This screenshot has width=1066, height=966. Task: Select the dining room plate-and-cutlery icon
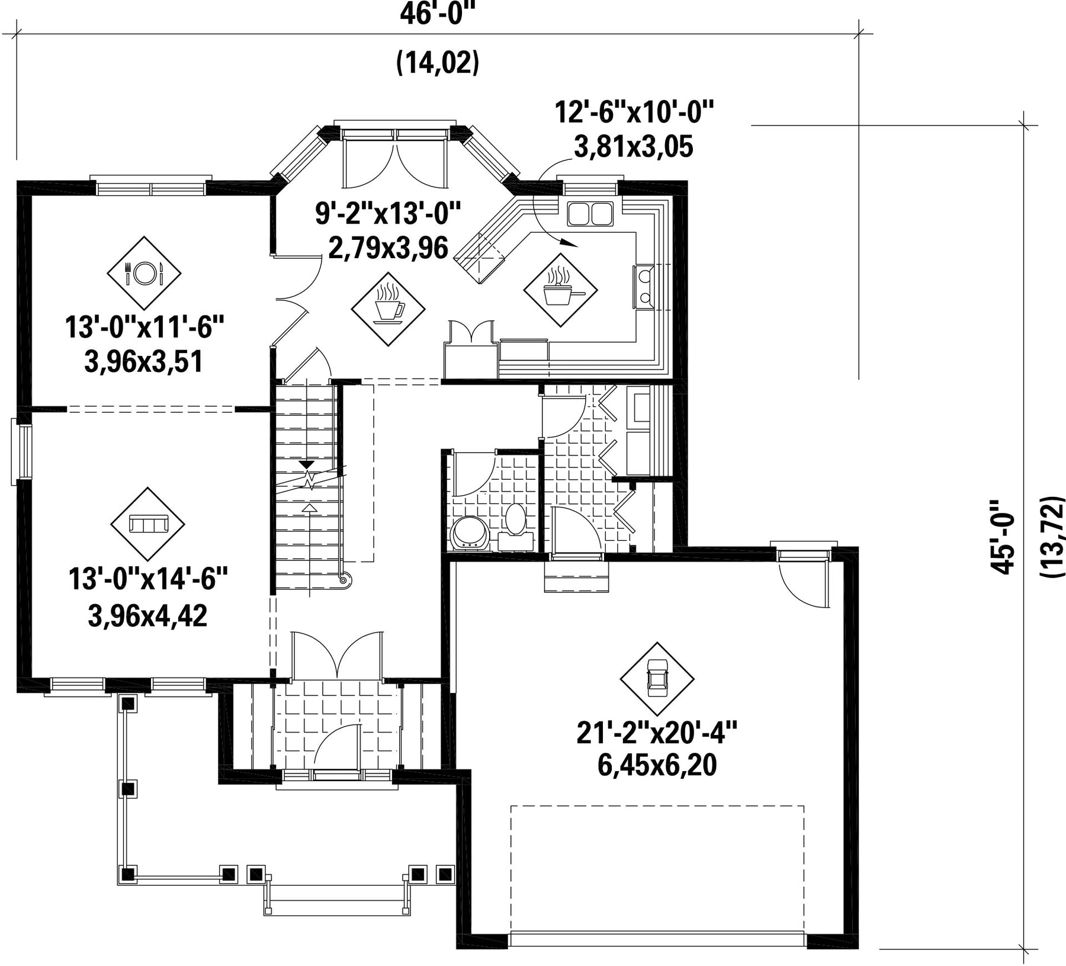point(144,272)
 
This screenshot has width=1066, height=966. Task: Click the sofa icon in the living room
point(148,524)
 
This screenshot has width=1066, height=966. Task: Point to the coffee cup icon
point(388,309)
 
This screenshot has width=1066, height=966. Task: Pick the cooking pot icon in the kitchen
point(560,290)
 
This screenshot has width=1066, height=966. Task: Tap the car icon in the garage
point(657,679)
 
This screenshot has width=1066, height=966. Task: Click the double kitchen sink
point(590,213)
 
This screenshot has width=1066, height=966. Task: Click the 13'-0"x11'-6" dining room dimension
point(145,327)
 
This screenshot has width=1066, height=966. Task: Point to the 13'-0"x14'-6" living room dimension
point(148,579)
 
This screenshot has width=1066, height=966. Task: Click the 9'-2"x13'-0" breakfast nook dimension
point(388,213)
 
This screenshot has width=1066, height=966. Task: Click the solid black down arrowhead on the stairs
point(307,465)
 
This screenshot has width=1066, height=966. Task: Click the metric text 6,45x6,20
point(657,765)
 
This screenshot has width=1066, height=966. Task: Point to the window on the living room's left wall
point(22,452)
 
